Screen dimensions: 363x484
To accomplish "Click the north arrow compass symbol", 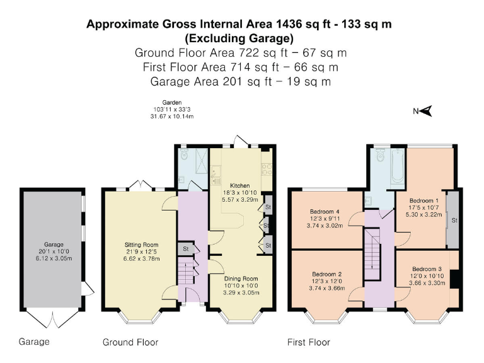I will pos(426,112).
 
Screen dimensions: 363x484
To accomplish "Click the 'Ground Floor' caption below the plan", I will pos(130,342).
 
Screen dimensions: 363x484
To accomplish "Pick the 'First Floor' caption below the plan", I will pos(308,342).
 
